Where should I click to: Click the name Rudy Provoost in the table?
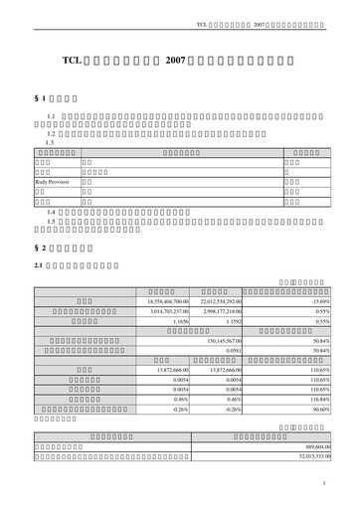coord(55,184)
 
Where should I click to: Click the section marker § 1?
coord(41,101)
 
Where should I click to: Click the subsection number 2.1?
coord(39,265)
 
